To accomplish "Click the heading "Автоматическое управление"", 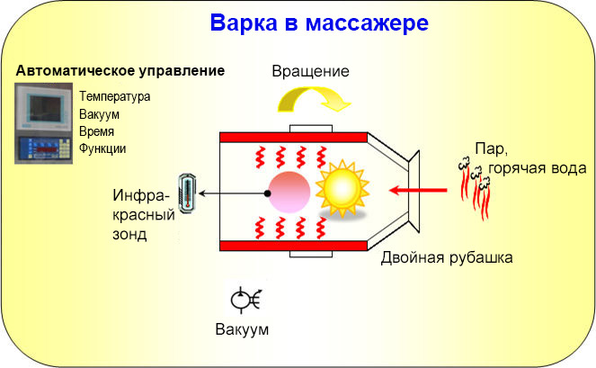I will pyautogui.click(x=120, y=70).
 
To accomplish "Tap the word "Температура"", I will pyautogui.click(x=114, y=95).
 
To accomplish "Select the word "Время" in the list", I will pyautogui.click(x=97, y=131).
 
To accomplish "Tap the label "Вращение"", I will pyautogui.click(x=309, y=70).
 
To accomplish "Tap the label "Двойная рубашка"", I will pyautogui.click(x=447, y=258).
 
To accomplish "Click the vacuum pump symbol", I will pyautogui.click(x=245, y=301).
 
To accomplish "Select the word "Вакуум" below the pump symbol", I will pyautogui.click(x=242, y=329).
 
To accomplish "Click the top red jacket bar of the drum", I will pyautogui.click(x=293, y=138).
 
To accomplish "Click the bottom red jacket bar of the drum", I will pyautogui.click(x=293, y=246).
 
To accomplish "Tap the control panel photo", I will pyautogui.click(x=44, y=122).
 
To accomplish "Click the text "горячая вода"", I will pyautogui.click(x=538, y=168).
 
